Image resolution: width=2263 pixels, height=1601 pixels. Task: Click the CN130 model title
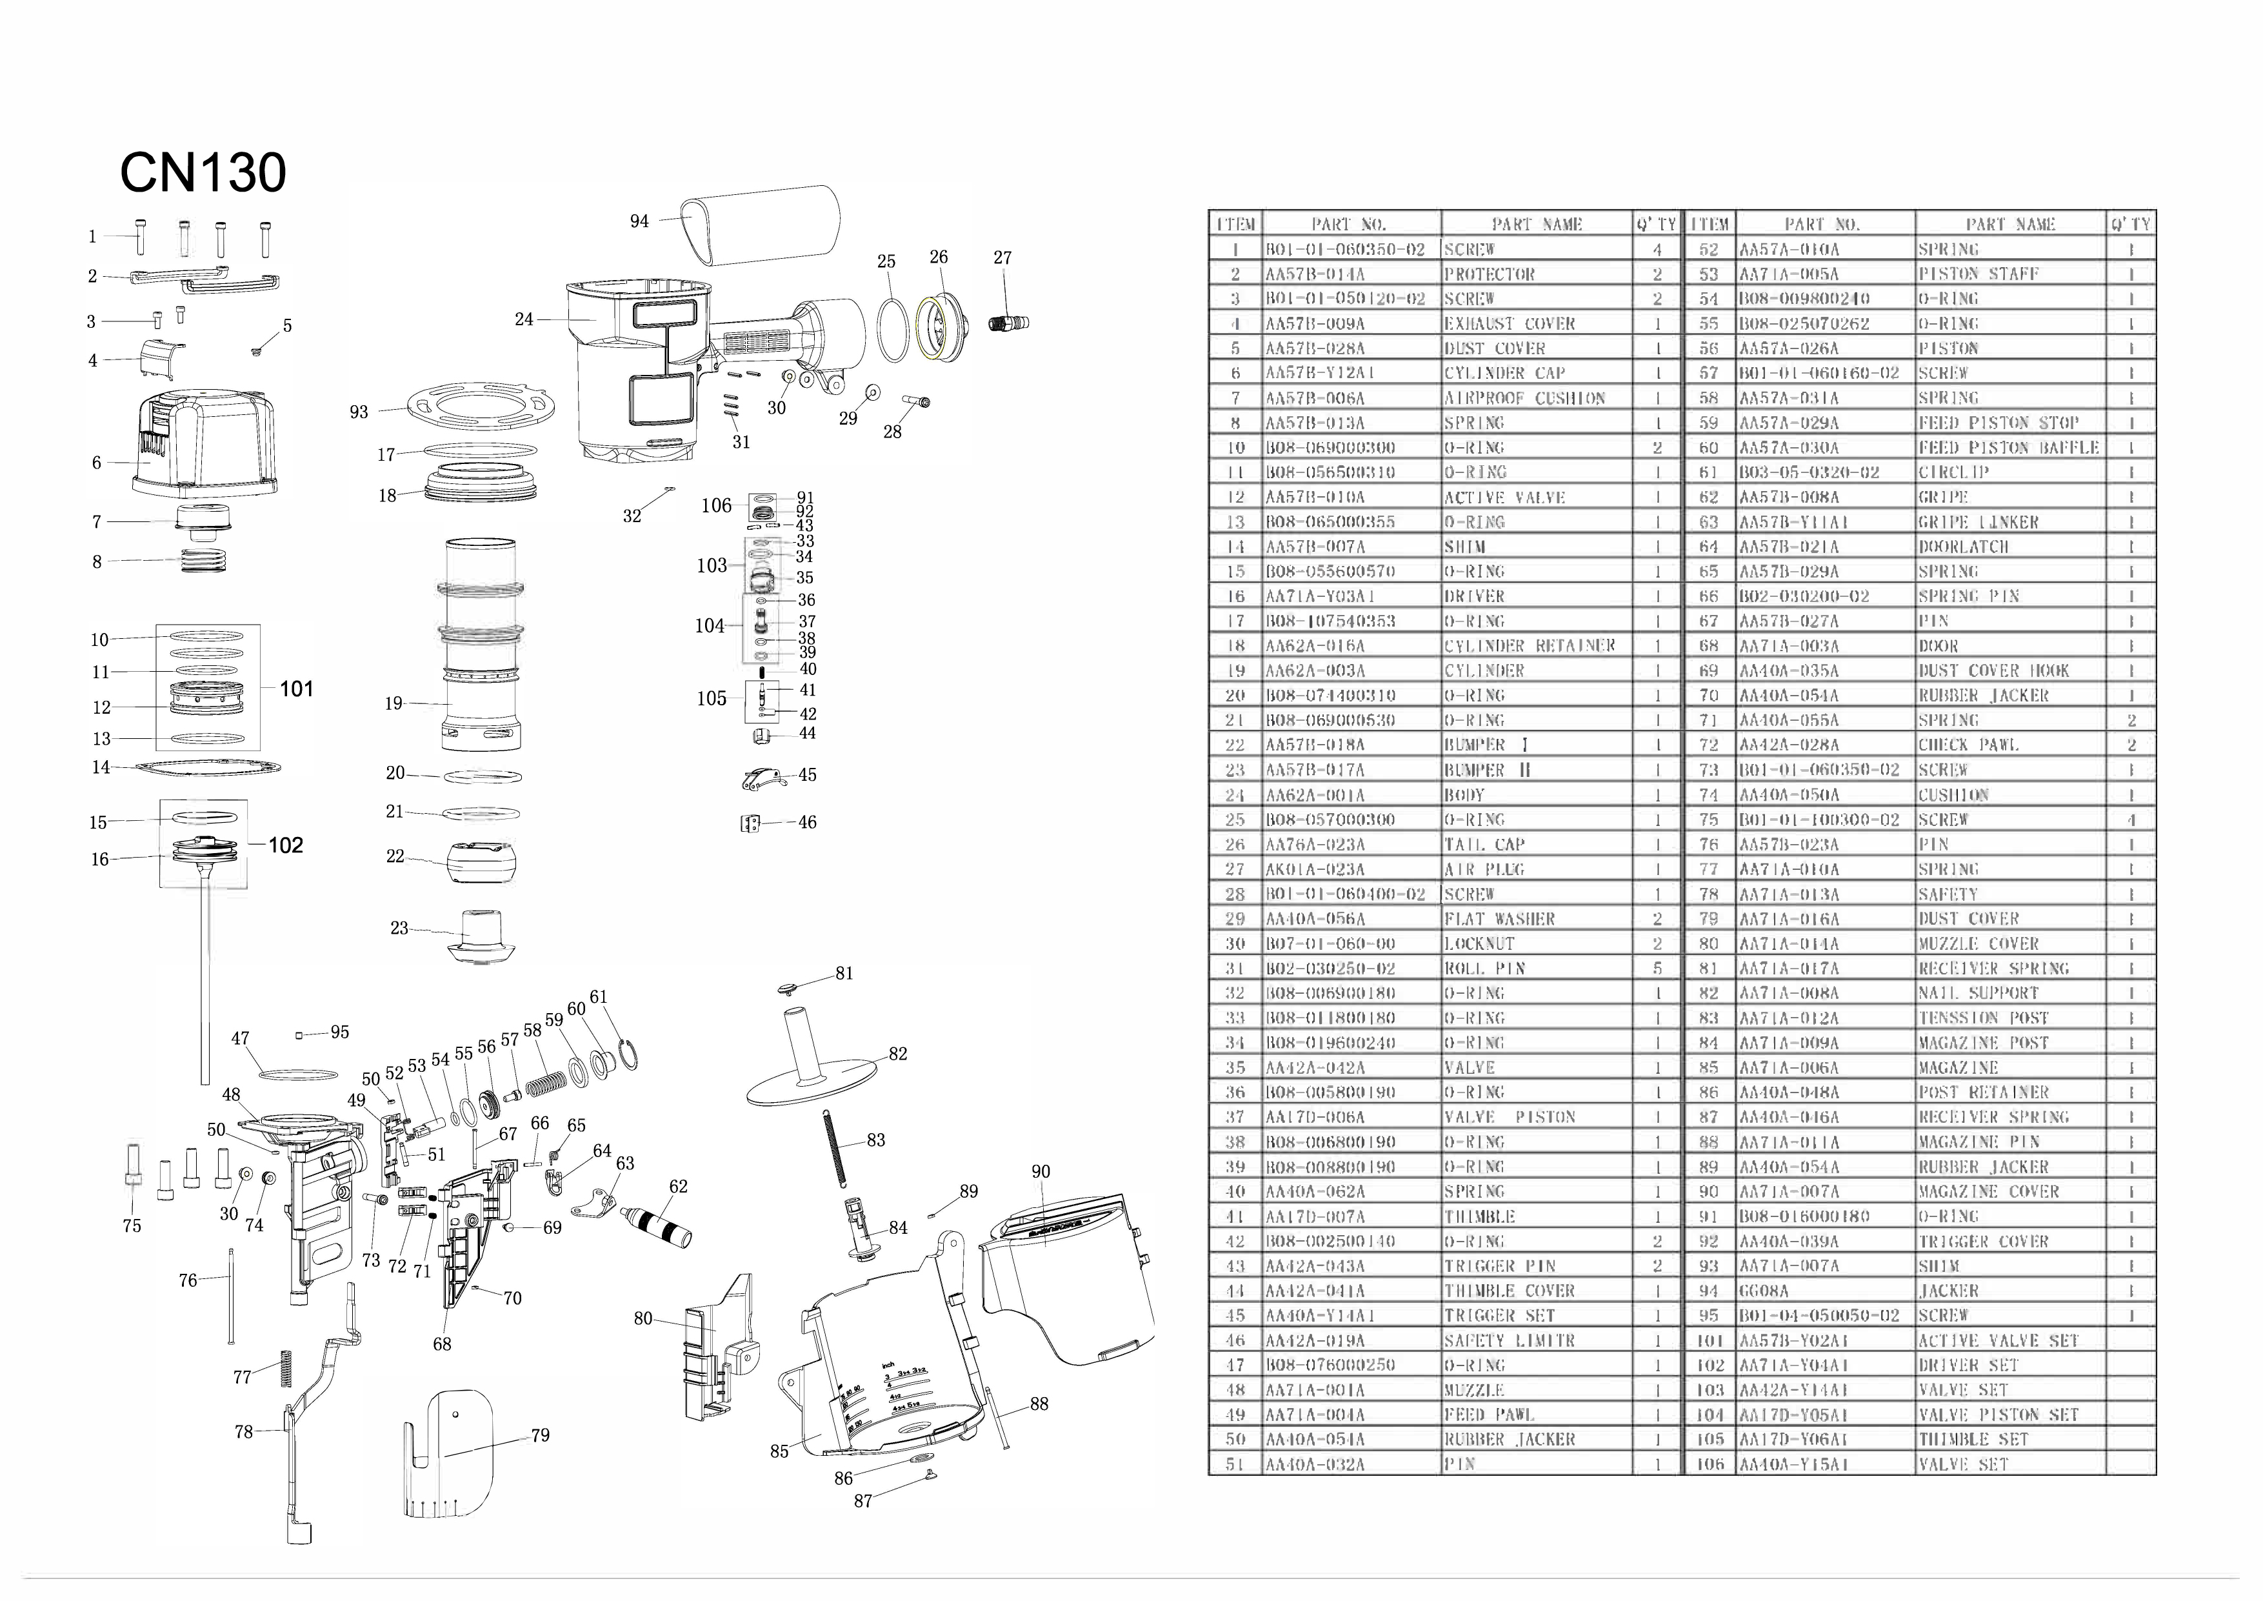point(203,174)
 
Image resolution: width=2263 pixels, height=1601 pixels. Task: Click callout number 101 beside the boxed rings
point(295,689)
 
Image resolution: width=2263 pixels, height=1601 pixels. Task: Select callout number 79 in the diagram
point(540,1435)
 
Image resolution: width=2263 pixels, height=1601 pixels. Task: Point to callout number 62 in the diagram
point(678,1186)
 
